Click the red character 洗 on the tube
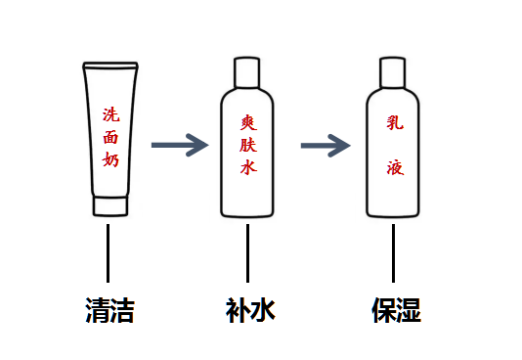(110, 114)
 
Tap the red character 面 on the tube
(110, 137)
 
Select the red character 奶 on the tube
(110, 158)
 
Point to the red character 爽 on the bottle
(248, 122)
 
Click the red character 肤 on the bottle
(248, 145)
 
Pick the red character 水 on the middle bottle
(248, 166)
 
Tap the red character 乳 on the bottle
(395, 122)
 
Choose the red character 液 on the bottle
(395, 167)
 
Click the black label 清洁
(109, 310)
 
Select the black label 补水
(250, 310)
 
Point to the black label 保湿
(396, 310)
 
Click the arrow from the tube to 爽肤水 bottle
(180, 145)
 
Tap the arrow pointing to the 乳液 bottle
(326, 146)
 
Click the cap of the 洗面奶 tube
(110, 206)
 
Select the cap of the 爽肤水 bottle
(247, 72)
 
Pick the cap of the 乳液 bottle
(393, 72)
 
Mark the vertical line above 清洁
(108, 253)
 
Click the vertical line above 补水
(247, 253)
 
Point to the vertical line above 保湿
(394, 253)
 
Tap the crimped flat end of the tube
(110, 66)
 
